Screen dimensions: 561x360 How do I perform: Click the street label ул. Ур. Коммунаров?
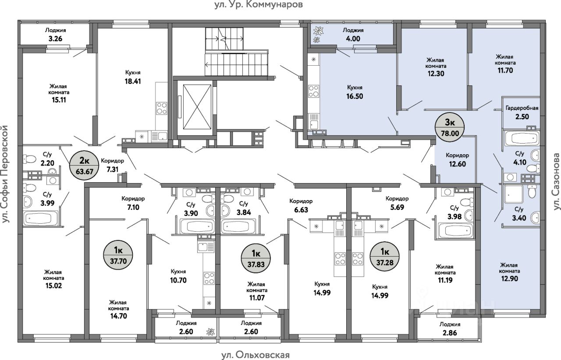pyautogui.click(x=259, y=4)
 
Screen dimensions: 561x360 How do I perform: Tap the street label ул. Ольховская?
pyautogui.click(x=256, y=355)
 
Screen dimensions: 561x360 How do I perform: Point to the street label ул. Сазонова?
pyautogui.click(x=556, y=181)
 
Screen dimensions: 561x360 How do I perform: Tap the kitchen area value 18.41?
pyautogui.click(x=133, y=81)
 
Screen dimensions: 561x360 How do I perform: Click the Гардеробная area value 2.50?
pyautogui.click(x=522, y=116)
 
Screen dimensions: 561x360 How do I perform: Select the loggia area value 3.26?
pyautogui.click(x=55, y=39)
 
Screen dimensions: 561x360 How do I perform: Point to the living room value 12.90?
pyautogui.click(x=509, y=279)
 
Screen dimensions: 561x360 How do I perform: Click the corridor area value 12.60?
pyautogui.click(x=457, y=164)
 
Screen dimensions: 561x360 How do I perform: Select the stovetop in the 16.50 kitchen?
pyautogui.click(x=313, y=91)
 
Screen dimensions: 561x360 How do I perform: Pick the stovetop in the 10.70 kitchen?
pyautogui.click(x=209, y=279)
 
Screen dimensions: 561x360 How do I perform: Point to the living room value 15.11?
pyautogui.click(x=59, y=100)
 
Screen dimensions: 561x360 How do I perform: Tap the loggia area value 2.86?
pyautogui.click(x=450, y=333)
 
